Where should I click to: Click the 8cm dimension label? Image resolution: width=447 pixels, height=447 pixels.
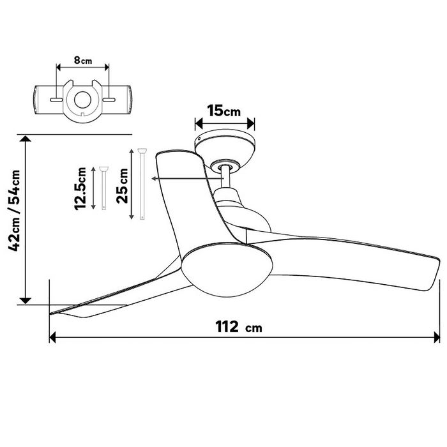coord(83,61)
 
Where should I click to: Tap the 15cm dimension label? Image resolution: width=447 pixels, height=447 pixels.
coord(223,111)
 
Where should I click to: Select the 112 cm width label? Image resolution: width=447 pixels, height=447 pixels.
coord(239,327)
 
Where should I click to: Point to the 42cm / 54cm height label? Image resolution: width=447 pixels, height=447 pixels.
coord(14,210)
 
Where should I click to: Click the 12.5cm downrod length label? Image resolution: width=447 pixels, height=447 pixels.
coord(80,189)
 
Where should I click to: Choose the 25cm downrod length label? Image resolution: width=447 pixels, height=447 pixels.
coord(123,186)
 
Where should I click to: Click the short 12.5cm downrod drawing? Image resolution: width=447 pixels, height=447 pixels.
coord(103,188)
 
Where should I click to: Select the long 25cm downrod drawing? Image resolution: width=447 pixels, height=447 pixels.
coord(142,184)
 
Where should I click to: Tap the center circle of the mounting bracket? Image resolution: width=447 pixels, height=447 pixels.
coord(82,100)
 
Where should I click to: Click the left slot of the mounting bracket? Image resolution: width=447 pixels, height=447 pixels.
coord(56,100)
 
